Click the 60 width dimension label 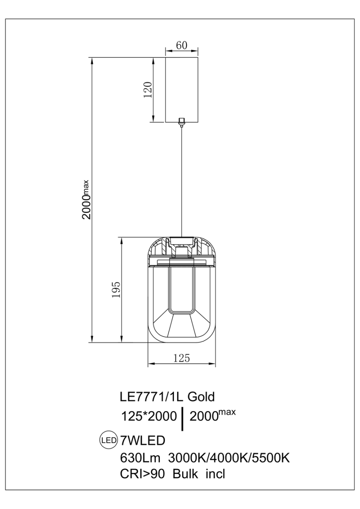pos(181,45)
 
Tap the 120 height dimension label pos(147,90)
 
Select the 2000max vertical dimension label pos(87,200)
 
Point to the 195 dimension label pos(116,290)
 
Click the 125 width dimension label pos(181,358)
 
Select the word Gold pos(201,397)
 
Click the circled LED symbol pos(109,440)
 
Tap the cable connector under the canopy pos(181,122)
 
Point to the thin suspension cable pos(181,180)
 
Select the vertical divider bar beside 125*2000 pos(183,418)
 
